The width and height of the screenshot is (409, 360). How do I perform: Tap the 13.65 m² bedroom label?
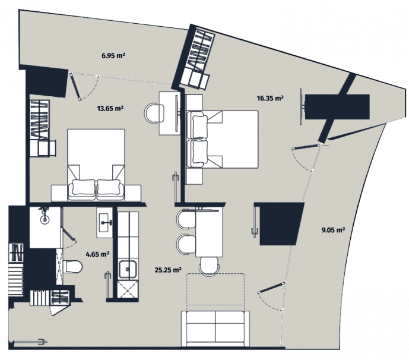coord(109,109)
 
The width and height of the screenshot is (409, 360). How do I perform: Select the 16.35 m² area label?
coord(268,98)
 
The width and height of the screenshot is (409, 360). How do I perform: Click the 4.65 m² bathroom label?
coord(96,254)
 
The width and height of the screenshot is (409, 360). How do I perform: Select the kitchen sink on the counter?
coord(126,270)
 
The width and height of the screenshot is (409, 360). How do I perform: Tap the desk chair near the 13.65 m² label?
coord(154,111)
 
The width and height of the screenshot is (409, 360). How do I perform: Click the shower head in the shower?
coord(45,218)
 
